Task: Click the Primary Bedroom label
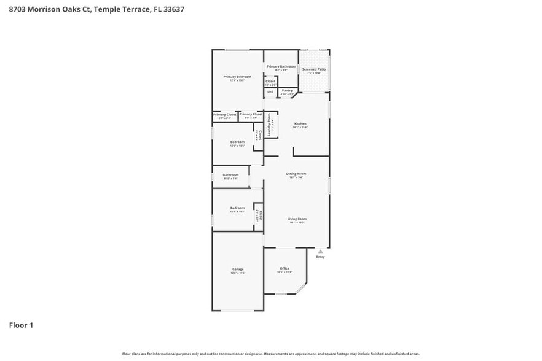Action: tap(237, 77)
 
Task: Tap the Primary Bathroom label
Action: tap(281, 66)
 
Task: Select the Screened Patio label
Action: tap(314, 69)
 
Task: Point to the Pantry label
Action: tap(287, 90)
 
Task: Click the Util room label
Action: tap(270, 91)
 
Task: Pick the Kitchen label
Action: tap(300, 124)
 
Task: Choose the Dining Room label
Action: tap(296, 174)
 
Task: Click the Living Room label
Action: tap(297, 219)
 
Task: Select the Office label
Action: tap(285, 268)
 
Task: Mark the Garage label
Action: tap(238, 269)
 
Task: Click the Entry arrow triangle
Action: tap(320, 251)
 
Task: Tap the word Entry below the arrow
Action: tap(320, 257)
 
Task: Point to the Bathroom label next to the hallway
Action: tap(230, 175)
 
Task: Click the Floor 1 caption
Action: tap(20, 325)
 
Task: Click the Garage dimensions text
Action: tap(238, 273)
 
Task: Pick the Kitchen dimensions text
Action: tap(300, 128)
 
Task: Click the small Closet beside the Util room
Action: tap(270, 81)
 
